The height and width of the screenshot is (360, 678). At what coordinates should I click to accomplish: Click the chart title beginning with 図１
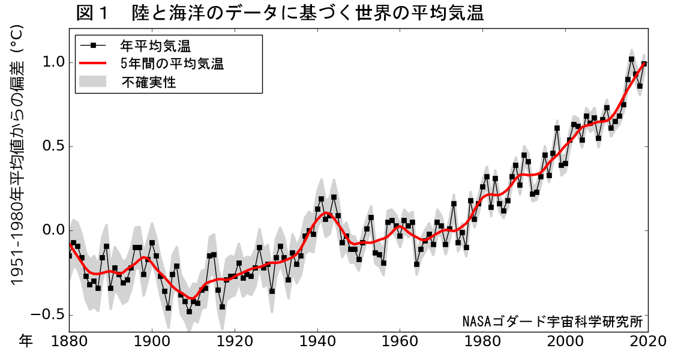coord(280,13)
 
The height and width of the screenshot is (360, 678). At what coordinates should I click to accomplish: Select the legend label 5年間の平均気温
coord(172,64)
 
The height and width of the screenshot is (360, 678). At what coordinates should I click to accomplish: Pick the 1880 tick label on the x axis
coord(69,341)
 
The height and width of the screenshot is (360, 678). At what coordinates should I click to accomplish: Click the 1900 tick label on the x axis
coord(152,341)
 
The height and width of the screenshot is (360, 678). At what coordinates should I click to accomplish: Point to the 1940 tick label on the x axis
coord(317,341)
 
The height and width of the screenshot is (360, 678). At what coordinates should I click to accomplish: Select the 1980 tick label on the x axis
coord(483,341)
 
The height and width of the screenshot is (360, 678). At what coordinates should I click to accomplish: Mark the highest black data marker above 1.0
coord(631,59)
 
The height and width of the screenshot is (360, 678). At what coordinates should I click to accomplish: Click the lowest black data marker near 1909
coord(189,311)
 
